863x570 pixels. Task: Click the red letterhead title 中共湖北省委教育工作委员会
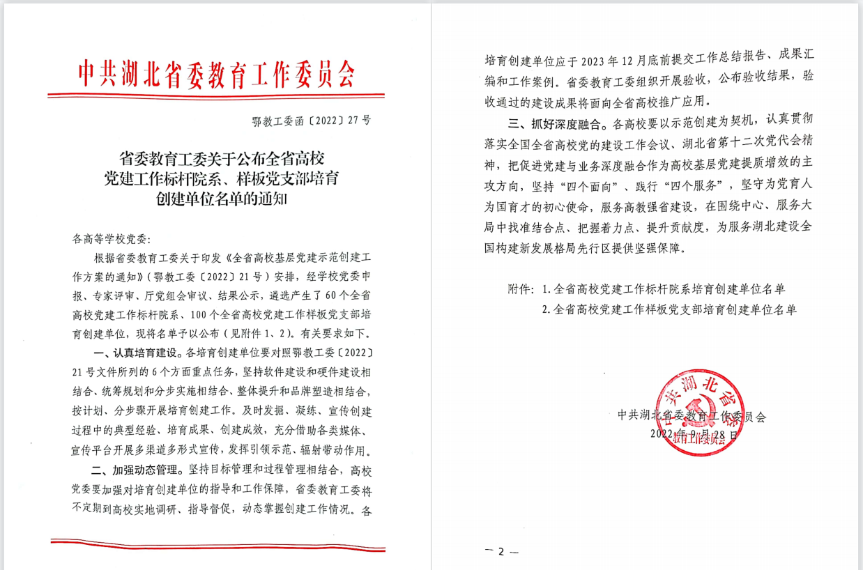tap(216, 72)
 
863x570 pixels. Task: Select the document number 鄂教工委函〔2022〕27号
tap(312, 120)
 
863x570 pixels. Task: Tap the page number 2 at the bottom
tap(501, 551)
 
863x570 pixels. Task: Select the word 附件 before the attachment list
tap(520, 288)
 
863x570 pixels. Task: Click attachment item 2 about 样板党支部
tap(669, 309)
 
